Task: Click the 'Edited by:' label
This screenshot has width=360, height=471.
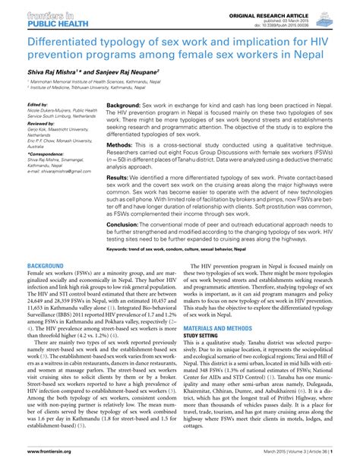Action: click(36, 105)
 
